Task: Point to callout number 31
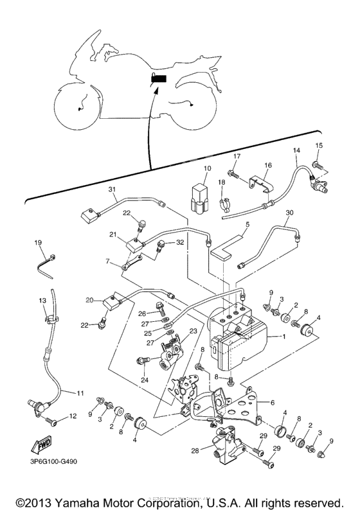pyautogui.click(x=111, y=189)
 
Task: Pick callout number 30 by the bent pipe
pyautogui.click(x=289, y=212)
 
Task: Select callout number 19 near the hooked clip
pyautogui.click(x=37, y=242)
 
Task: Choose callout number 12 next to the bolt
pyautogui.click(x=73, y=416)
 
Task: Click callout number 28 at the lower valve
pyautogui.click(x=195, y=451)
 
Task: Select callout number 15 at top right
pyautogui.click(x=319, y=145)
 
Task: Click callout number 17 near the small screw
pyautogui.click(x=237, y=156)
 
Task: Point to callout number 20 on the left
pyautogui.click(x=89, y=299)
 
